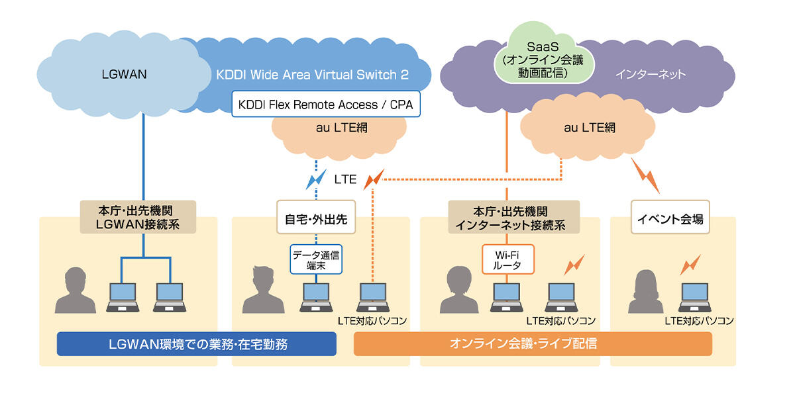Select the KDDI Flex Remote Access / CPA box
pos(326,105)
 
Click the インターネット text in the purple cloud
pos(651,75)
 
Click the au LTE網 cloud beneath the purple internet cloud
pos(590,128)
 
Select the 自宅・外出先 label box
pos(316,216)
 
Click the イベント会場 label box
pos(670,216)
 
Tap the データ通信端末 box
pos(317,259)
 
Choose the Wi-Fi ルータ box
pos(507,259)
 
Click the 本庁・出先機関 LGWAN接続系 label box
pos(138,216)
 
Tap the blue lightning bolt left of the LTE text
pos(316,178)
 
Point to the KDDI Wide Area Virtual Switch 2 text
pos(312,75)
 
